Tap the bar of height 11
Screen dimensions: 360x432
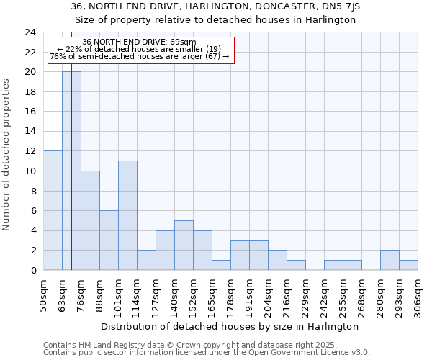pos(127,215)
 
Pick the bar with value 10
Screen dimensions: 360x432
pos(90,220)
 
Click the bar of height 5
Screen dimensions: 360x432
pos(184,245)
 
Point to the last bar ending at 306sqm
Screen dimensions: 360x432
pos(408,265)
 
